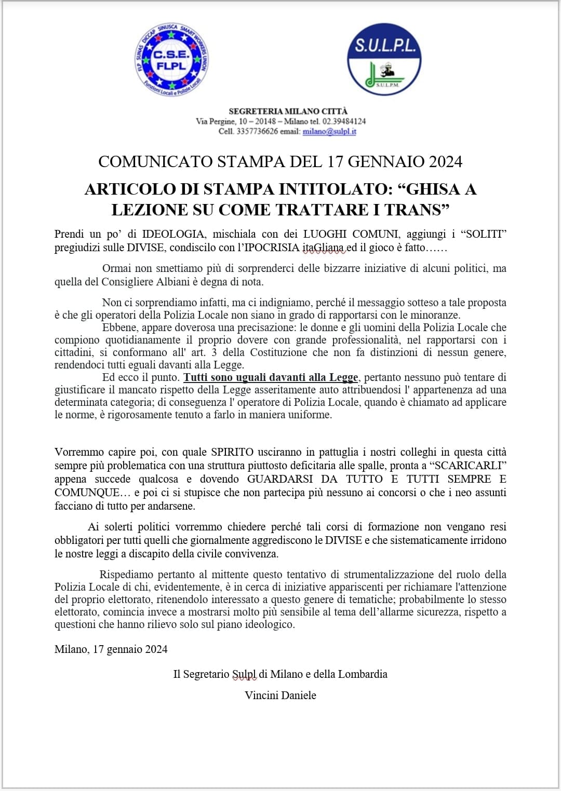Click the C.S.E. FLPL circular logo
171,60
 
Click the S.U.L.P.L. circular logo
384,60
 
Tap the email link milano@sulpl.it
329,131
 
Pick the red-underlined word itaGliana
324,248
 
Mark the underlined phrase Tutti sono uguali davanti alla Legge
271,377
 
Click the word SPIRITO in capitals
232,452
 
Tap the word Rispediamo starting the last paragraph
126,575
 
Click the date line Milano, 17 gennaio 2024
111,649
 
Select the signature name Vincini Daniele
280,695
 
